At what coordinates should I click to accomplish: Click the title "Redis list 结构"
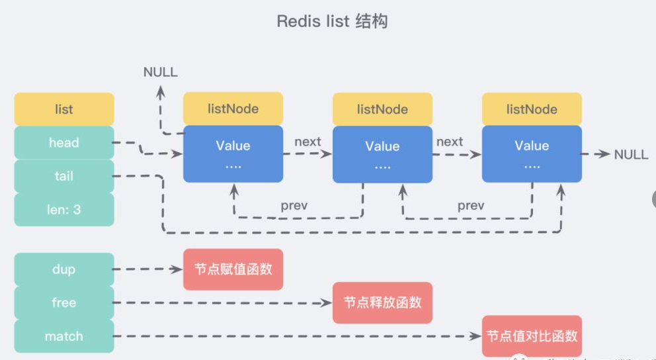[x=332, y=21]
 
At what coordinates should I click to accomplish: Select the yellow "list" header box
[x=63, y=109]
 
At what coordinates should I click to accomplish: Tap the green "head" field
[x=63, y=143]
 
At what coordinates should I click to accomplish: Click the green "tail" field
[x=63, y=176]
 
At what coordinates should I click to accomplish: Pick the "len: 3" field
[x=63, y=210]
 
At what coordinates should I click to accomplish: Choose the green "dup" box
[x=63, y=269]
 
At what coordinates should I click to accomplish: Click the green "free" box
[x=63, y=302]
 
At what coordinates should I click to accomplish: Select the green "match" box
[x=63, y=336]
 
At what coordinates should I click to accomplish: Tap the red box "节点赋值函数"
[x=233, y=269]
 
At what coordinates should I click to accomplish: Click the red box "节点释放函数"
[x=382, y=302]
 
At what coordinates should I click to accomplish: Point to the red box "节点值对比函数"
[x=532, y=336]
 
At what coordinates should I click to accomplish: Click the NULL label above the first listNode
[x=161, y=72]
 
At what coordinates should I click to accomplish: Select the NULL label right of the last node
[x=631, y=154]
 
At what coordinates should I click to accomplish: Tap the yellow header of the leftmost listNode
[x=233, y=109]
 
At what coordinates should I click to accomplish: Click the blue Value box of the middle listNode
[x=382, y=154]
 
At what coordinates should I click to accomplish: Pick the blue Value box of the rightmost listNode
[x=532, y=154]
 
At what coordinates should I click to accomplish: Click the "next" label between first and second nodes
[x=307, y=142]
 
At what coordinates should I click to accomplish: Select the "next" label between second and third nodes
[x=450, y=142]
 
